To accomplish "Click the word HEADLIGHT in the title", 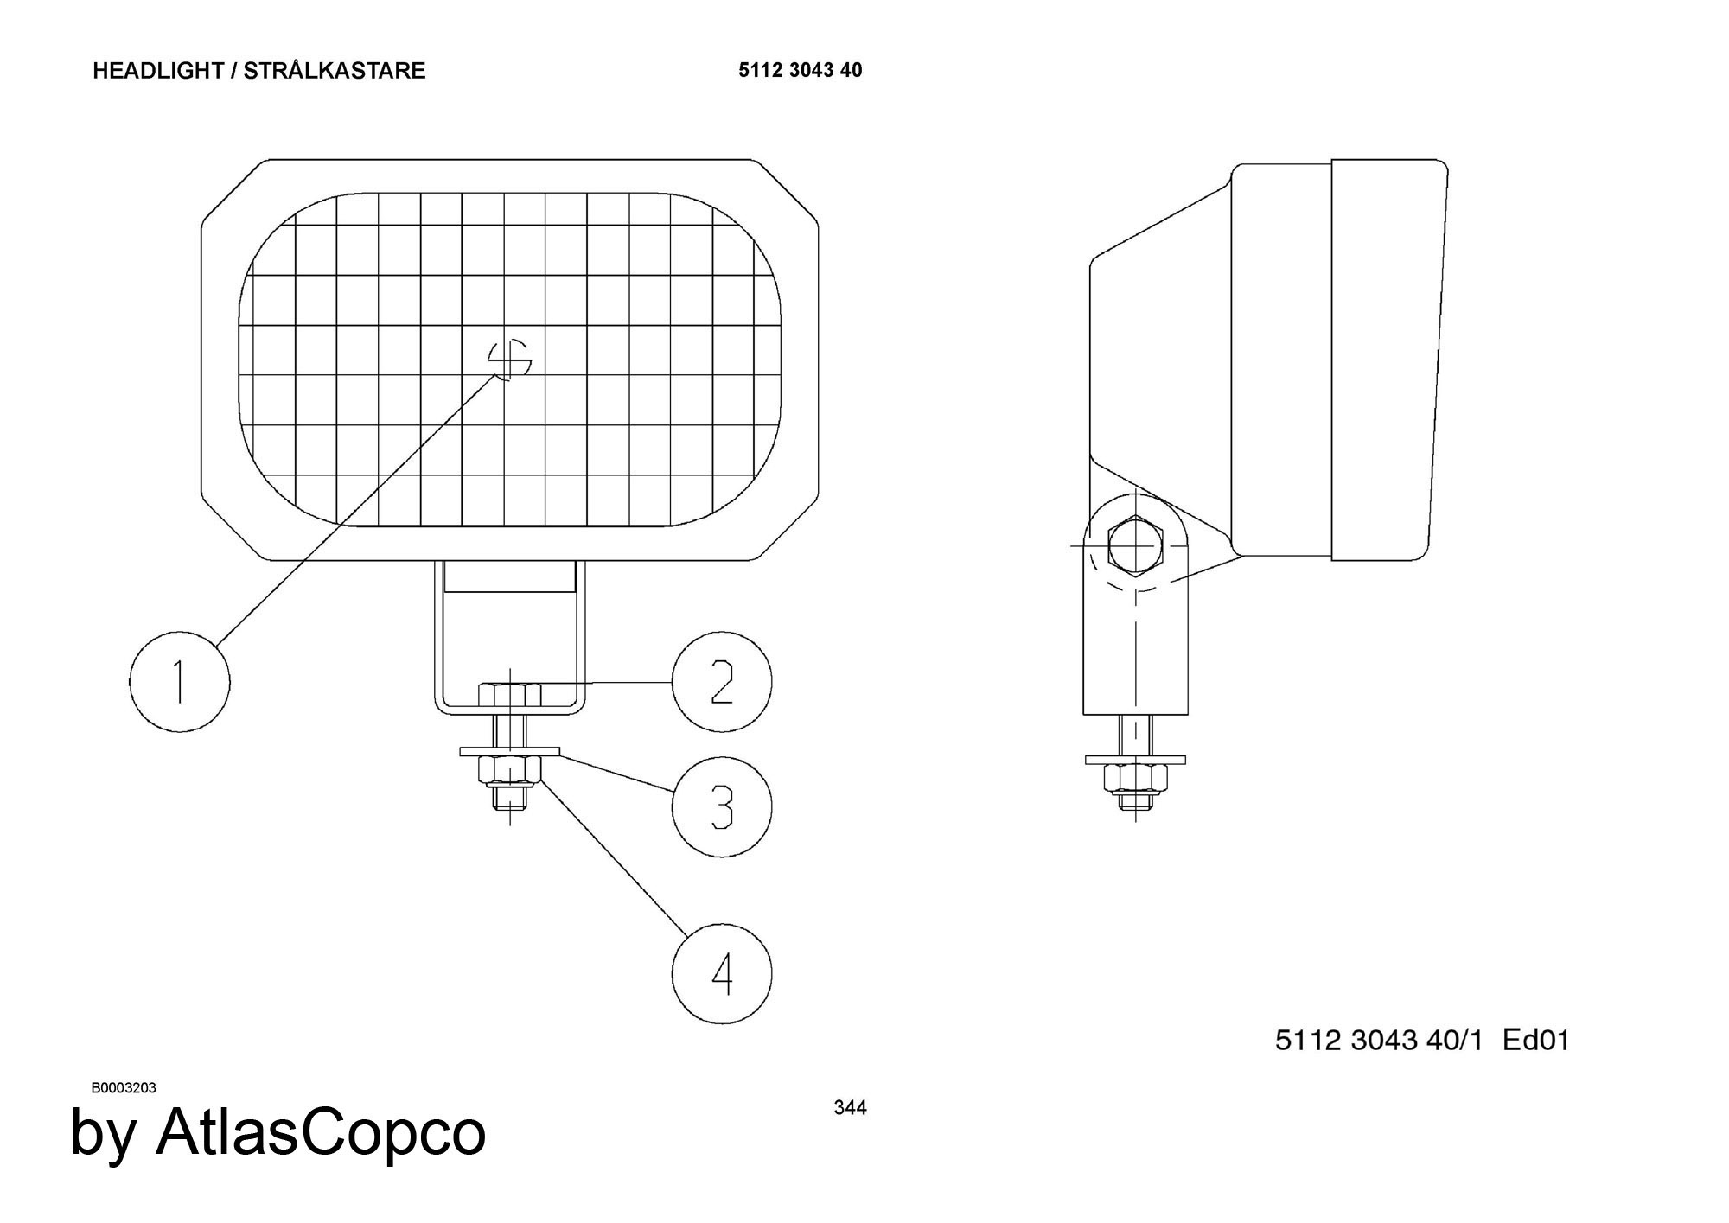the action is (158, 71).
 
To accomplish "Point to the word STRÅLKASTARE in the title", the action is (335, 70).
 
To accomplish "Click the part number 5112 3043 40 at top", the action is (800, 70).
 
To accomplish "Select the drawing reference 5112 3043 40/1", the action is (1379, 1040).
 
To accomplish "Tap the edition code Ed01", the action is (1536, 1040).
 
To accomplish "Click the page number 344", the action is (850, 1107).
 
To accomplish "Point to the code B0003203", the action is (124, 1087).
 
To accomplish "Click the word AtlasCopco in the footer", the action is (321, 1131).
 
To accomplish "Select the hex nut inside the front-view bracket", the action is (509, 694).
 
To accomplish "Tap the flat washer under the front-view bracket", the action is (510, 752).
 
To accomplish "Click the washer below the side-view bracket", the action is (1135, 760).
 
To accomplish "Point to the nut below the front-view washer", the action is (510, 768).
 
